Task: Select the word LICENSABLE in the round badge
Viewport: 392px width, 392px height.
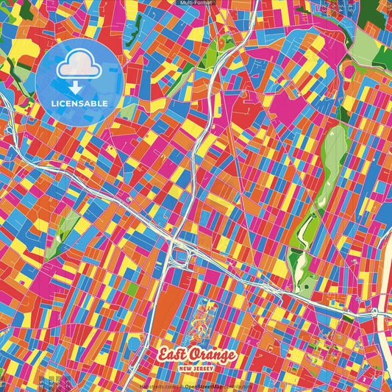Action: (x=79, y=103)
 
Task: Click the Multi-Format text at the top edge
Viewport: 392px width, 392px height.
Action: (x=196, y=3)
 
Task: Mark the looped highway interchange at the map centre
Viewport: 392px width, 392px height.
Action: (x=179, y=254)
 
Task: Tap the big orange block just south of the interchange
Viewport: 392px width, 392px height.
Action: (x=162, y=302)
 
